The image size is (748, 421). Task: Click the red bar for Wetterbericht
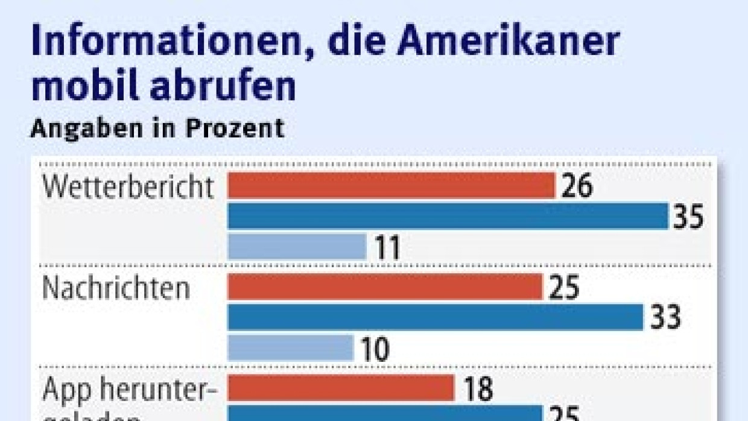(x=391, y=186)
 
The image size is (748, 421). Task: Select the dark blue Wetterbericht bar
(x=448, y=216)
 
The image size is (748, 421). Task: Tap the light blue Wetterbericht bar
(x=297, y=246)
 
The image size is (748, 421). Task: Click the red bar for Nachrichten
(x=385, y=286)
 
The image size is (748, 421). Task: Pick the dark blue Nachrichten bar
(x=435, y=317)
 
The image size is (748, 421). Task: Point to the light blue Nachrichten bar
(x=290, y=347)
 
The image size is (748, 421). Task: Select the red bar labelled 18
(x=341, y=388)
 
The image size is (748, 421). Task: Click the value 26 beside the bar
(x=577, y=186)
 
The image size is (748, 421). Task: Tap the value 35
(x=688, y=217)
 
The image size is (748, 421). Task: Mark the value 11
(x=387, y=248)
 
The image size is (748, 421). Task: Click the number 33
(x=665, y=317)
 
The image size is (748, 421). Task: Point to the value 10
(x=374, y=349)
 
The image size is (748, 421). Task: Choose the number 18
(x=478, y=389)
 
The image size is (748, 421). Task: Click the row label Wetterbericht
(x=128, y=188)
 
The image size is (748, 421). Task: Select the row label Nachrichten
(x=116, y=288)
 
